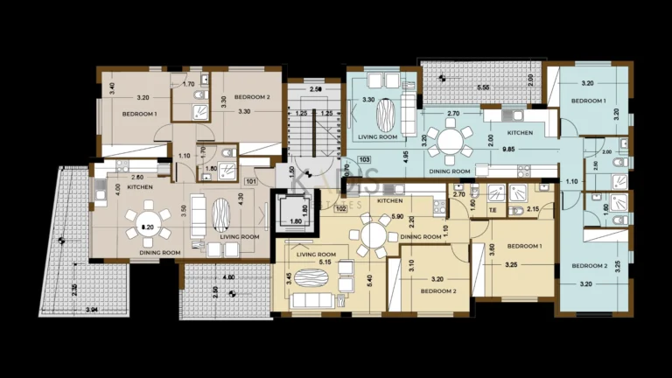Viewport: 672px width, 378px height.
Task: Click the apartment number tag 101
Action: [x=251, y=182]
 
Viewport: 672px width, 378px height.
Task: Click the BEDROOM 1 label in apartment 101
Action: [x=140, y=115]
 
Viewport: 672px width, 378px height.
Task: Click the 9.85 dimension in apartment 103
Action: [x=507, y=150]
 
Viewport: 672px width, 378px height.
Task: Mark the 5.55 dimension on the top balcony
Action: [x=482, y=88]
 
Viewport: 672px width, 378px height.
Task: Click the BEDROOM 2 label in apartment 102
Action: [x=437, y=290]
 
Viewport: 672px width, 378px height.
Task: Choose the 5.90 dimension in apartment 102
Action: [x=398, y=217]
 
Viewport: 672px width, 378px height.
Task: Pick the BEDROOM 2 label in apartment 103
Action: [x=589, y=266]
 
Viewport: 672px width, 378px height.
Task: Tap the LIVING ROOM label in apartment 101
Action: [x=240, y=236]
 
